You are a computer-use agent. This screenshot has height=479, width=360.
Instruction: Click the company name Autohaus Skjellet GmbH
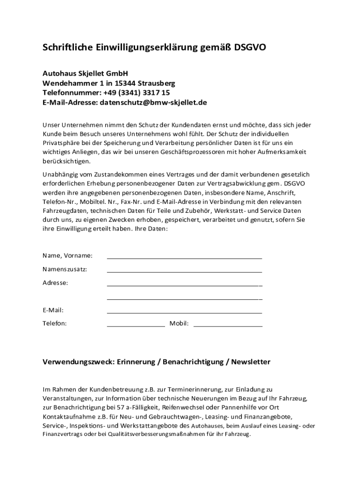click(85, 73)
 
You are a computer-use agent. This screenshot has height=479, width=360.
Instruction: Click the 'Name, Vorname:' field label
click(67, 255)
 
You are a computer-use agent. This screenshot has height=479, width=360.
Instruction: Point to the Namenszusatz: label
click(65, 269)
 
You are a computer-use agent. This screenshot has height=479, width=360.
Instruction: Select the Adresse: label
click(55, 283)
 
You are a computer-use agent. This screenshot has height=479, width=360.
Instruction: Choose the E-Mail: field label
click(53, 310)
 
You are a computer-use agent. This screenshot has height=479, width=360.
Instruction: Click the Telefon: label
click(55, 323)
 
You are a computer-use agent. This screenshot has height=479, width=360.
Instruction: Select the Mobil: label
click(179, 323)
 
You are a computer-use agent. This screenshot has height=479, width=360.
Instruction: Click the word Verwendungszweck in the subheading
click(77, 362)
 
